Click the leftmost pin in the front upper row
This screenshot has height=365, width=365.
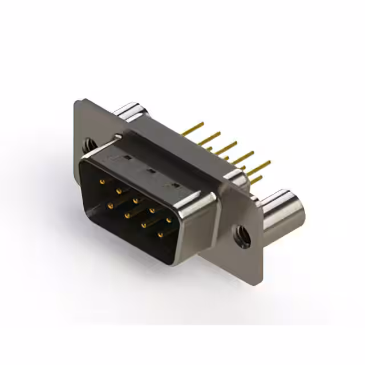point(102,181)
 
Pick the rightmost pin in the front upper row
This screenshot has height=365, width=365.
point(169,220)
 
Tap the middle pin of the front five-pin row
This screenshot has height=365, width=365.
point(136,200)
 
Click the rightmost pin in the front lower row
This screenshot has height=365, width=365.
point(161,234)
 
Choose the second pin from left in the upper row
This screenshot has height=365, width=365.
point(119,190)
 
